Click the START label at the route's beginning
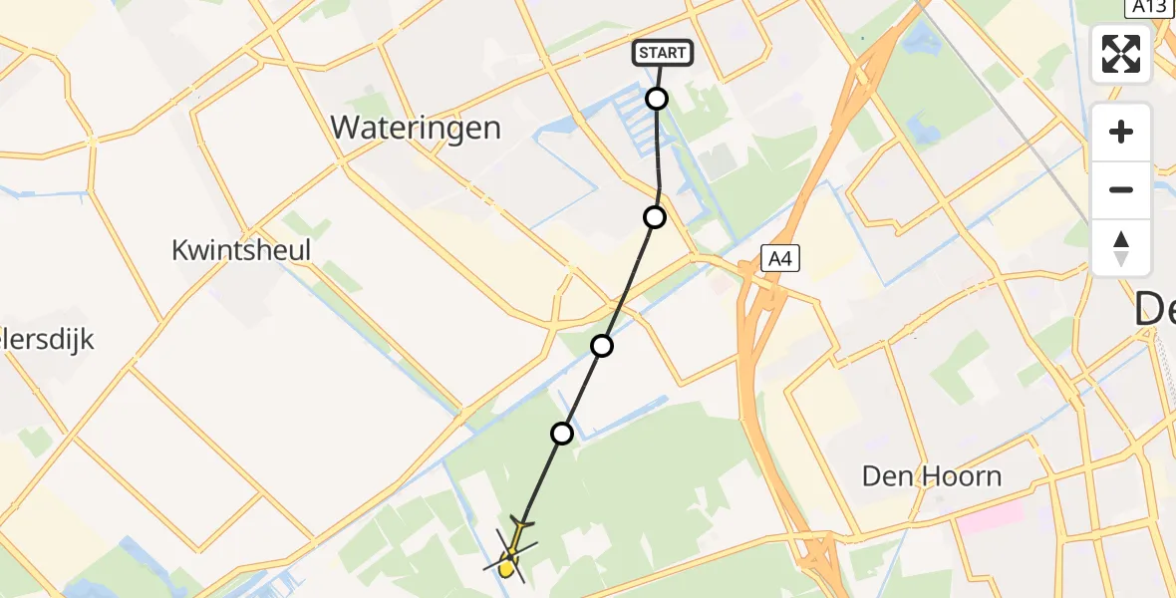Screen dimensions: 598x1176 [662, 53]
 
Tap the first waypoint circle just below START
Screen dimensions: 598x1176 [657, 98]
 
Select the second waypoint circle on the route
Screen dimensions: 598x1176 [654, 216]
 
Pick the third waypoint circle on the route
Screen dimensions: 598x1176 [602, 346]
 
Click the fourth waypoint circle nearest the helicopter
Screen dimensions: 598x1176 [562, 433]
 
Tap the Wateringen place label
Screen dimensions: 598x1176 [416, 128]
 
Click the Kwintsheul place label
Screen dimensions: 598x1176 [241, 250]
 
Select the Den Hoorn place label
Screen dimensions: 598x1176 [932, 475]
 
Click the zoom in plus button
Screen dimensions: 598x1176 [1121, 132]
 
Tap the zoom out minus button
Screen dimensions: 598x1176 [1121, 189]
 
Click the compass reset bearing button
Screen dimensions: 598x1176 [1121, 248]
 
